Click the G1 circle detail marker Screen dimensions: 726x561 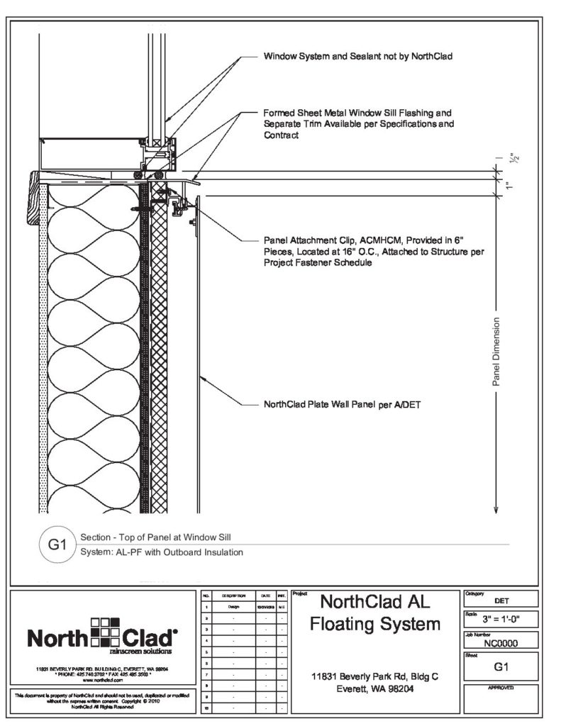(x=57, y=545)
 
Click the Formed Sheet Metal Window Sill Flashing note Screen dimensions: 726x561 (x=357, y=123)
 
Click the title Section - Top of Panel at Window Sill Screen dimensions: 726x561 (x=155, y=537)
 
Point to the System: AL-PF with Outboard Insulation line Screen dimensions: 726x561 (x=162, y=552)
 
